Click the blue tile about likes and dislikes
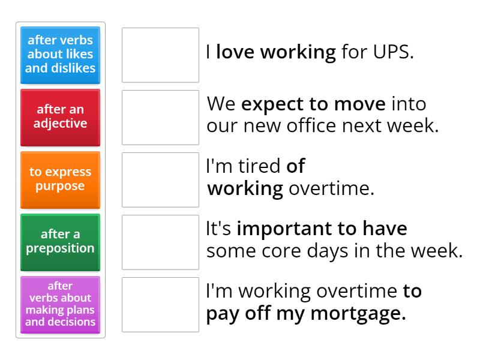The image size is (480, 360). tap(60, 55)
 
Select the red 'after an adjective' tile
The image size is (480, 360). tap(60, 117)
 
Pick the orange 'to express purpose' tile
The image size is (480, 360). tap(60, 179)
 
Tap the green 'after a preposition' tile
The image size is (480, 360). tap(60, 241)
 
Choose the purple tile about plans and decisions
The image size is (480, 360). tap(60, 304)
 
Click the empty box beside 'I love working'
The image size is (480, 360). tap(160, 55)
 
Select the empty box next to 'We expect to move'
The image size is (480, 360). tap(160, 117)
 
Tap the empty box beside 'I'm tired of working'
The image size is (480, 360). tap(160, 179)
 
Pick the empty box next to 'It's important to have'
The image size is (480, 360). tap(160, 242)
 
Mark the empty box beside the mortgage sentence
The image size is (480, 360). tap(160, 304)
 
